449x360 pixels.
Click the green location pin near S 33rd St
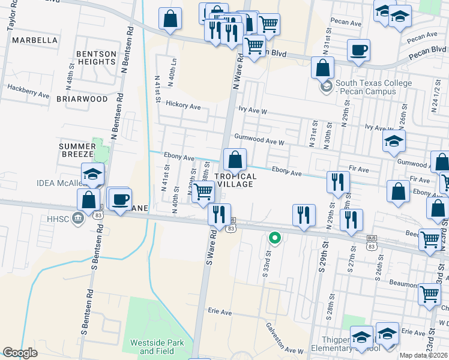point(275,238)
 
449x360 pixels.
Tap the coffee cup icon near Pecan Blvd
point(358,50)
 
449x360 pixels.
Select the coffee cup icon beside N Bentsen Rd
point(120,198)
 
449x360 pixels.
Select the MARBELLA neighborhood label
point(35,40)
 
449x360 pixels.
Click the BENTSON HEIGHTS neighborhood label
point(97,58)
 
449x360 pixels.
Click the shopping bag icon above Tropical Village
point(235,160)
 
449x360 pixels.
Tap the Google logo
point(20,353)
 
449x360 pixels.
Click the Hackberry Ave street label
point(28,91)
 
